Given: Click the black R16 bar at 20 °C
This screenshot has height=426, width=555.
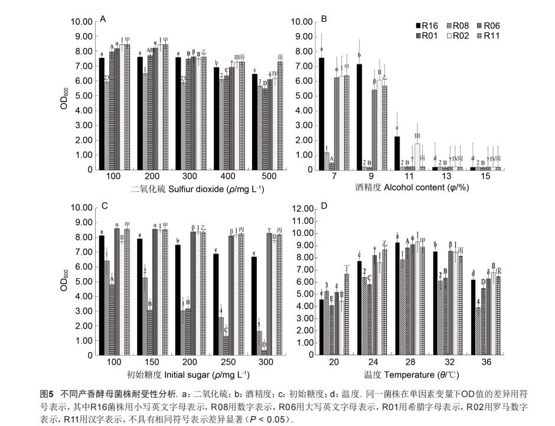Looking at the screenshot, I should point(322,326).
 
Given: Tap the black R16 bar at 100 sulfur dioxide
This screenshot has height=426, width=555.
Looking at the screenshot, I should point(102,113).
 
